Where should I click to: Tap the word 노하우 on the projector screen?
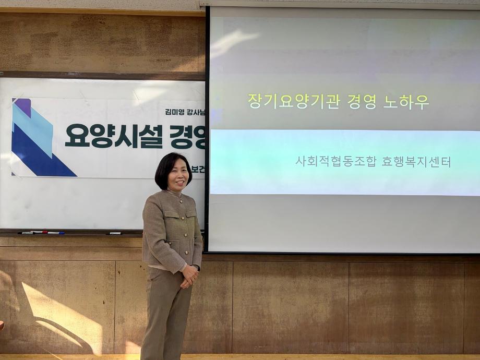pos(406,101)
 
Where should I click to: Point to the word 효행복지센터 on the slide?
pos(416,162)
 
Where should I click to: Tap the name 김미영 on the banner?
pos(175,111)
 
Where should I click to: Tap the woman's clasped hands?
pos(189,275)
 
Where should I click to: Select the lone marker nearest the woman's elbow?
pos(114,233)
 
